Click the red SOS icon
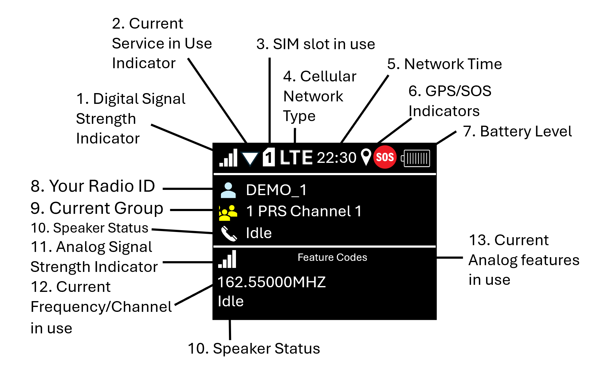coord(385,157)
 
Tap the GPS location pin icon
coord(366,157)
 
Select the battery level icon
coord(416,158)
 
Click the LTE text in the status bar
coord(296,158)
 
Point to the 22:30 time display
coord(336,158)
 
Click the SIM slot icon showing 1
coord(269,157)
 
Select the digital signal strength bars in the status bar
coord(228,158)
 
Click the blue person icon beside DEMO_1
coord(228,190)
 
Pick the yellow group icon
coord(228,213)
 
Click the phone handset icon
coord(229,234)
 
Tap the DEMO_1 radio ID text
coord(276,190)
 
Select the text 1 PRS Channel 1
coord(304,211)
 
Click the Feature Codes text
coord(332,257)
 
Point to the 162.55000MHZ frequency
coord(272,282)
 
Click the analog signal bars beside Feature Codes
coord(227,259)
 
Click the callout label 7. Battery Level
coord(517,132)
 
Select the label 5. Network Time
coord(444,64)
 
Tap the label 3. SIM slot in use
coord(316,44)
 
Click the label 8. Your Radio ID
coord(93,186)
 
